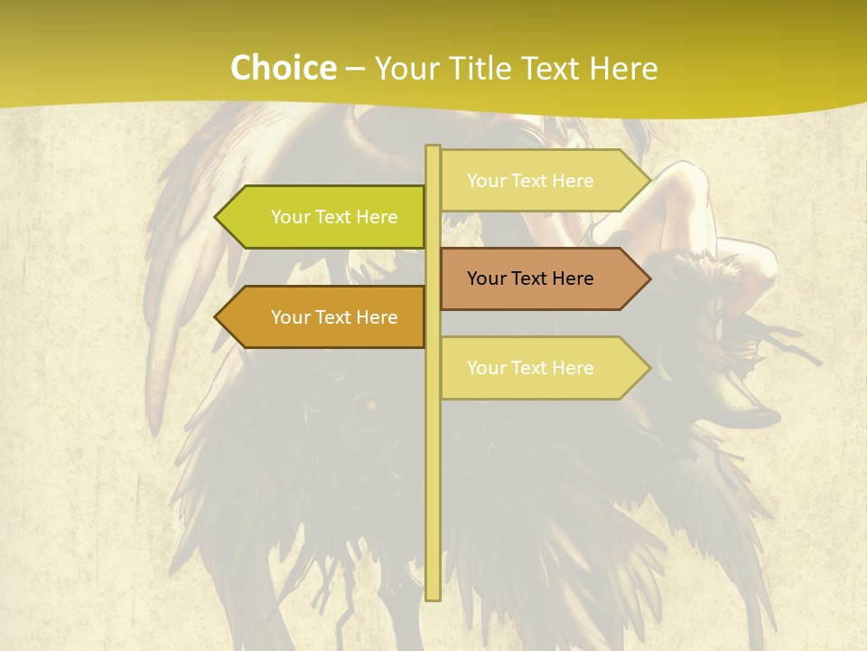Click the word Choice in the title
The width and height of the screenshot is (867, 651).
[283, 69]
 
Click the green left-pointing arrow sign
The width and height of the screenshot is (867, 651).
[325, 217]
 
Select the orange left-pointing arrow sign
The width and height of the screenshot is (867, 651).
[325, 317]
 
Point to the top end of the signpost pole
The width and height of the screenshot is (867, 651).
[433, 147]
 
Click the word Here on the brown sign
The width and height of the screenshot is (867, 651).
[572, 278]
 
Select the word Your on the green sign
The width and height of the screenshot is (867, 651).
[291, 217]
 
